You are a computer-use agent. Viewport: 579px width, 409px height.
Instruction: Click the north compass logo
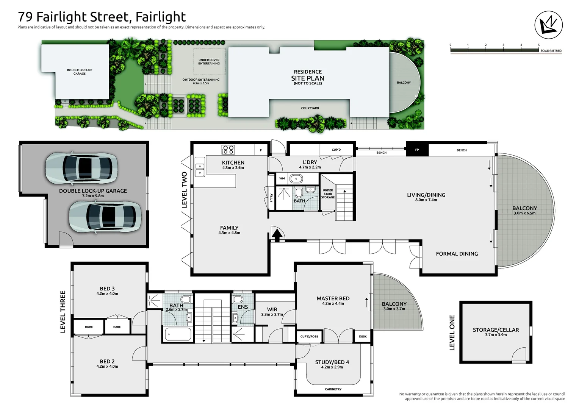pyautogui.click(x=548, y=25)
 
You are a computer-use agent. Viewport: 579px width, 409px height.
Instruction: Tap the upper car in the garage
pyautogui.click(x=82, y=168)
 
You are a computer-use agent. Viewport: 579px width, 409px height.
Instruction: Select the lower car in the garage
pyautogui.click(x=105, y=217)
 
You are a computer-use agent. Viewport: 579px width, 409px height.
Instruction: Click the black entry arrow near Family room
pyautogui.click(x=277, y=236)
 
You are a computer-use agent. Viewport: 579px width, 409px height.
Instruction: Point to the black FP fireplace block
pyautogui.click(x=417, y=150)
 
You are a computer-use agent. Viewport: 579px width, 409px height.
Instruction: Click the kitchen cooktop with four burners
pyautogui.click(x=228, y=150)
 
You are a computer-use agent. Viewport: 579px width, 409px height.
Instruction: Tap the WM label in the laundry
pyautogui.click(x=282, y=178)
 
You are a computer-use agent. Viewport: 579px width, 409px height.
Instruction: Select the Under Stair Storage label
pyautogui.click(x=328, y=194)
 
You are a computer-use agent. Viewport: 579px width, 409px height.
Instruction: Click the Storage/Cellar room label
pyautogui.click(x=496, y=330)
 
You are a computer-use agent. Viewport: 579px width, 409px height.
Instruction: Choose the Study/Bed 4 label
pyautogui.click(x=332, y=362)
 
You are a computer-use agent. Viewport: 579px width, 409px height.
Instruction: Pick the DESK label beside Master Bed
pyautogui.click(x=363, y=336)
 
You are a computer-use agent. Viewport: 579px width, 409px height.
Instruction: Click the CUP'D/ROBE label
pyautogui.click(x=310, y=336)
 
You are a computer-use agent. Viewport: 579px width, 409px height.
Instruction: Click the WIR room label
pyautogui.click(x=272, y=309)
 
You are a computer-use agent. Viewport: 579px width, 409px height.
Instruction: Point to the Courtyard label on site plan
pyautogui.click(x=310, y=108)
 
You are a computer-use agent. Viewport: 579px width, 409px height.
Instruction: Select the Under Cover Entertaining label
pyautogui.click(x=209, y=61)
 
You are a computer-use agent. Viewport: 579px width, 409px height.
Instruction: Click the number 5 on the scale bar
pyautogui.click(x=539, y=45)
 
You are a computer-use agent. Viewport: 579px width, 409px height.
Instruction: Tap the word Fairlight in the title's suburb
pyautogui.click(x=161, y=17)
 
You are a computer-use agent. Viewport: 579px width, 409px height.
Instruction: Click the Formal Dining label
pyautogui.click(x=457, y=254)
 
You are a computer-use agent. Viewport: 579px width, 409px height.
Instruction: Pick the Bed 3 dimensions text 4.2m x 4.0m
pyautogui.click(x=107, y=293)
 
